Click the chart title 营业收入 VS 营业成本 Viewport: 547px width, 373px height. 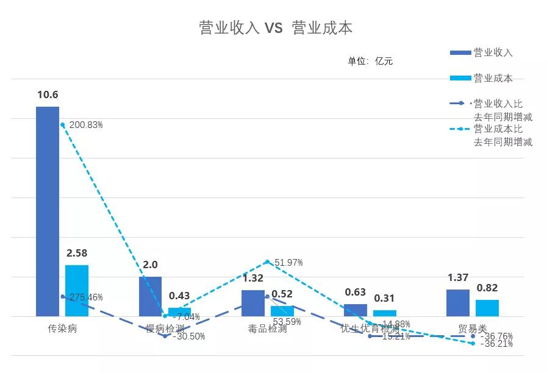pos(276,28)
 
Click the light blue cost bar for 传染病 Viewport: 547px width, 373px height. pos(77,290)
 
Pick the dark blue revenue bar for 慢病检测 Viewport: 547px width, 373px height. pos(150,296)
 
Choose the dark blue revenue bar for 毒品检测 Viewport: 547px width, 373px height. pos(253,303)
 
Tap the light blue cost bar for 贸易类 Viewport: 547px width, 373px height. pos(487,308)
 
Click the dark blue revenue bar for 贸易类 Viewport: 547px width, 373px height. pos(458,303)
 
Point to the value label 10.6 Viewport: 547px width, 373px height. pos(48,94)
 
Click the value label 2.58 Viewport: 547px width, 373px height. pos(77,253)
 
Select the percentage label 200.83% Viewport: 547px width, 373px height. pos(86,125)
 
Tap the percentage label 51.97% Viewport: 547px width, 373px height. pos(288,263)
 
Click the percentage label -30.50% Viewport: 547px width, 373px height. pos(189,336)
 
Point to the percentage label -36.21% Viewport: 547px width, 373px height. pos(496,344)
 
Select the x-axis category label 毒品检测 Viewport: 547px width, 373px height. pos(267,329)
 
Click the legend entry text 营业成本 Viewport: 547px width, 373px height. pos(493,78)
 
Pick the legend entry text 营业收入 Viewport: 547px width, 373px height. pos(493,52)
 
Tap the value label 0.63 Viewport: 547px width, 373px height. pos(356,292)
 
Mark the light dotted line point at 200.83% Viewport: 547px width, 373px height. pos(62,124)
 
